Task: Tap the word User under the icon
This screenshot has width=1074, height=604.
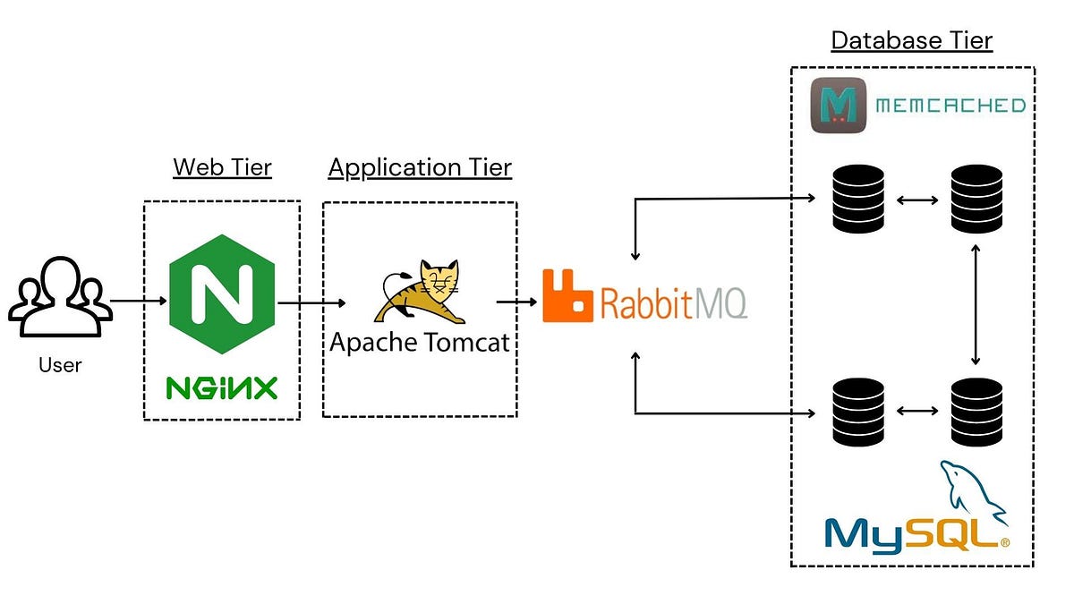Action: pyautogui.click(x=60, y=365)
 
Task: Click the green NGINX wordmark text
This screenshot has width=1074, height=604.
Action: pyautogui.click(x=221, y=387)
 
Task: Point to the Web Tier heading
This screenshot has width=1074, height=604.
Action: pyautogui.click(x=222, y=167)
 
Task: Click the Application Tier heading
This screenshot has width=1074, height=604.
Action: pyautogui.click(x=420, y=167)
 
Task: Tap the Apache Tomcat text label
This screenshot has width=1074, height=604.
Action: pyautogui.click(x=420, y=343)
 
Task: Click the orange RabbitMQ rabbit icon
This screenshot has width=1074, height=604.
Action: pyautogui.click(x=568, y=294)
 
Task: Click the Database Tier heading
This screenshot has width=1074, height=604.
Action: pyautogui.click(x=911, y=40)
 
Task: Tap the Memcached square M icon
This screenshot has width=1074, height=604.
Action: pyautogui.click(x=839, y=106)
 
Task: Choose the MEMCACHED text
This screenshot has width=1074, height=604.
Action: pyautogui.click(x=950, y=106)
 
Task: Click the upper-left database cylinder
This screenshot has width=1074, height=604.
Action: pyautogui.click(x=858, y=199)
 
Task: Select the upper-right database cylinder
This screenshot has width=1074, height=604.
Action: pyautogui.click(x=976, y=199)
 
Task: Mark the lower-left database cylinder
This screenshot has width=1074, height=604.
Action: pyautogui.click(x=858, y=411)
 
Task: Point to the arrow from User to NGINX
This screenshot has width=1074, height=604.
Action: pyautogui.click(x=139, y=301)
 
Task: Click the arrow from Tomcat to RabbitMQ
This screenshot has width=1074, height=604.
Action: pyautogui.click(x=517, y=302)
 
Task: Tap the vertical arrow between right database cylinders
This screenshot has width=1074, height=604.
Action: pyautogui.click(x=976, y=304)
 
